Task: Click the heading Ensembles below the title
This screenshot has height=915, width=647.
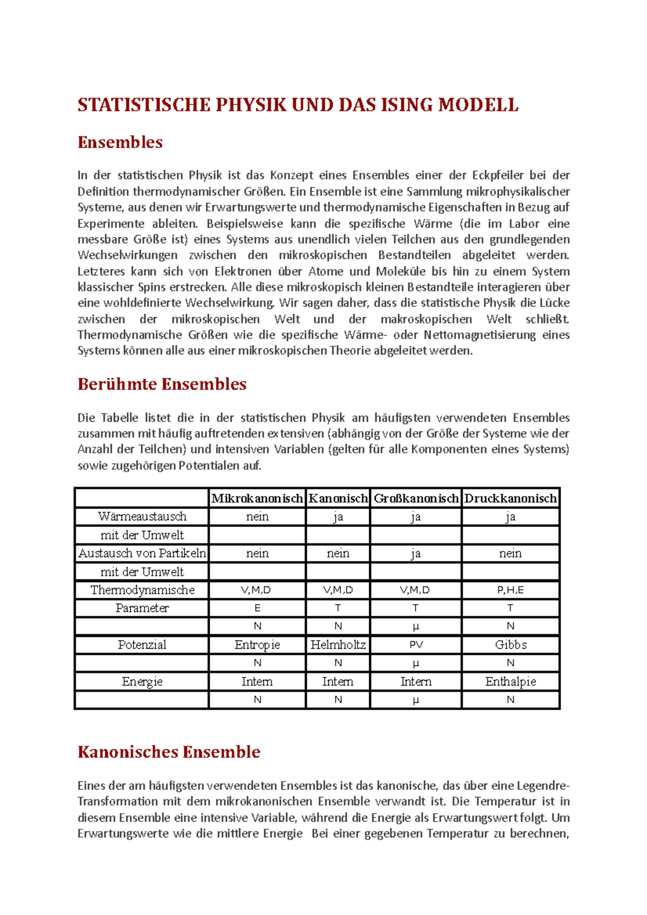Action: [120, 142]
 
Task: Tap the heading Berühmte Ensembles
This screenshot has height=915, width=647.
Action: [162, 384]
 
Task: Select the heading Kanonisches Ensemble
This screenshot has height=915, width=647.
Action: [169, 752]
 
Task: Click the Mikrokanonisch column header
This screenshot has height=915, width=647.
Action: [257, 498]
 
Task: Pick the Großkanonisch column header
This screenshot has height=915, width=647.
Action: [416, 498]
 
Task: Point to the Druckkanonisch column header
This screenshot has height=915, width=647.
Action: [510, 498]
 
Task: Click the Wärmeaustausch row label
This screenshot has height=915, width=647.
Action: [142, 517]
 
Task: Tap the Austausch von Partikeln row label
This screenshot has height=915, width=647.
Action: [142, 553]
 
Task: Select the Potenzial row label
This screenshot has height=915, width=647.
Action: [142, 645]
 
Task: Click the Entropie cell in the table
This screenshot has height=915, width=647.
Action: [257, 645]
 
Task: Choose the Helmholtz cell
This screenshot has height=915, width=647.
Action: [338, 645]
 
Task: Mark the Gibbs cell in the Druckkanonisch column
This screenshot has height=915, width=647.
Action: [510, 645]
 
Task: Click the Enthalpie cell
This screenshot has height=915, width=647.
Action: [510, 682]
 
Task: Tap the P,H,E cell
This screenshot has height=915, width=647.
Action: [510, 590]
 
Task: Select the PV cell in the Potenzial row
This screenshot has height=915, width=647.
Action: [416, 645]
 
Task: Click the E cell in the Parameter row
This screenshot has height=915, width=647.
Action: [257, 608]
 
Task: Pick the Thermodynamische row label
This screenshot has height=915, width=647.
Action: [142, 590]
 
